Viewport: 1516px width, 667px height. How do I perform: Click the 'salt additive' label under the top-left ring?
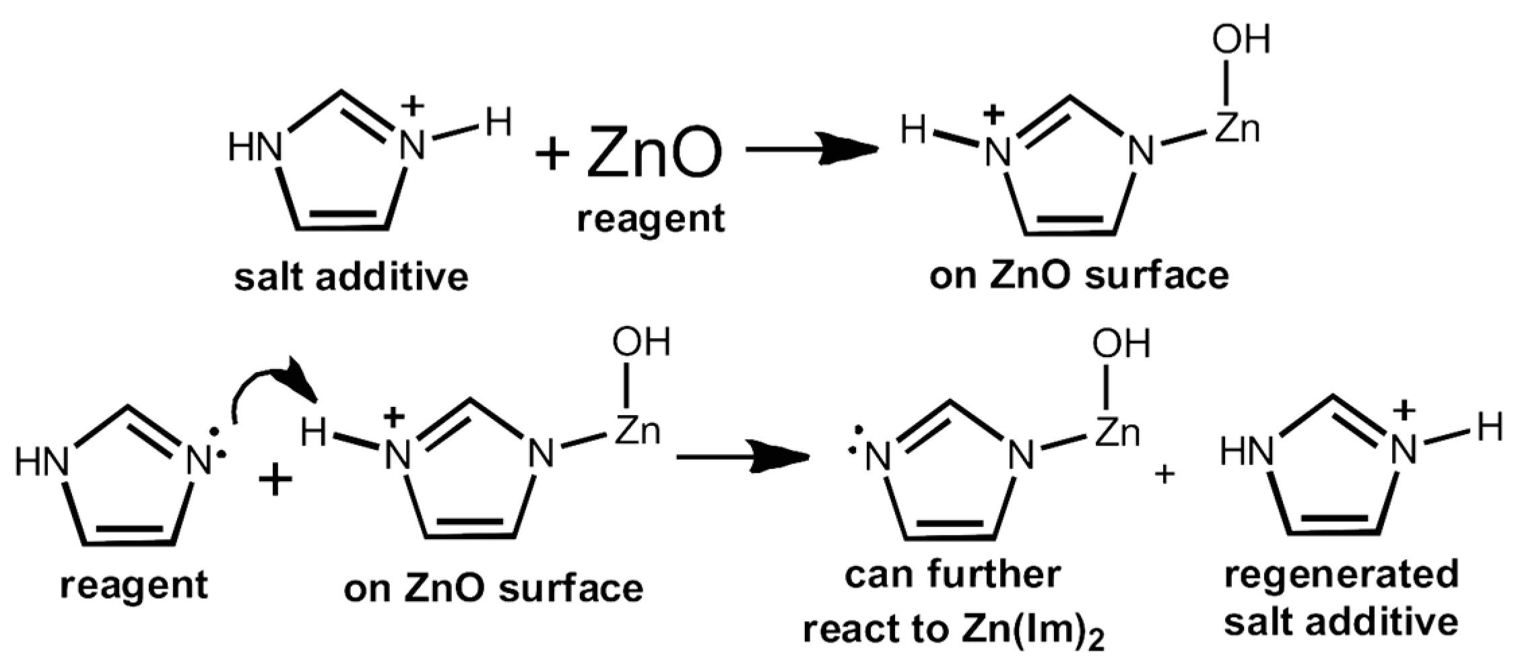coord(351,277)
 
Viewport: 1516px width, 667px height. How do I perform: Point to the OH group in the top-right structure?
coord(1241,39)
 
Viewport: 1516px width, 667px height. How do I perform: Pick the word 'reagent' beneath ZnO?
coord(651,219)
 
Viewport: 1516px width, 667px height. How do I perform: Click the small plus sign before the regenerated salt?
coord(1164,474)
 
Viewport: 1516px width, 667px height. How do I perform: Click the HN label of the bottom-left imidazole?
coord(42,463)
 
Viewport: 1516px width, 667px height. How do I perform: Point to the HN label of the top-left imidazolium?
coord(255,147)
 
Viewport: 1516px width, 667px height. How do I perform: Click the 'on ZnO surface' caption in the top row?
coord(1079,276)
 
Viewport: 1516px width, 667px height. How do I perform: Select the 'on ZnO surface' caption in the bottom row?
coord(493,589)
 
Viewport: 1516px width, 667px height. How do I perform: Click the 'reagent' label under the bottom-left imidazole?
coord(134,585)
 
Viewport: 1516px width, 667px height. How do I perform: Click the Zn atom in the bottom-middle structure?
coord(637,431)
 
